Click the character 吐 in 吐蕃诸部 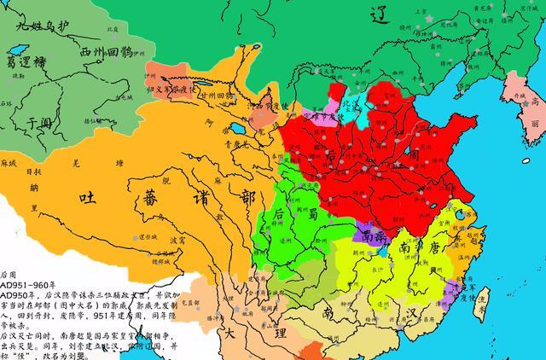88,199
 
